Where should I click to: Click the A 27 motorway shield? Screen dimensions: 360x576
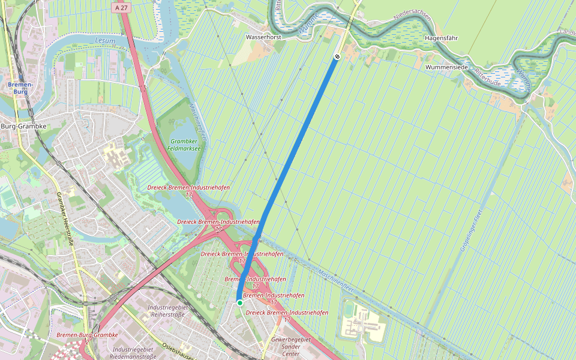[121, 7]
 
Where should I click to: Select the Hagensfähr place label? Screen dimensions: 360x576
[441, 38]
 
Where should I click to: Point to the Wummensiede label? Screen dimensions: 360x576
[446, 67]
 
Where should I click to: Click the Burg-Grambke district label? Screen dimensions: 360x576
[23, 127]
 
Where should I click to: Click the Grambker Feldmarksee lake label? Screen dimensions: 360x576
[178, 144]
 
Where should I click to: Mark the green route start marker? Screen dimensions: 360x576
[240, 303]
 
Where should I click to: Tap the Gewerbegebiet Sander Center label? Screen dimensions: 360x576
[290, 346]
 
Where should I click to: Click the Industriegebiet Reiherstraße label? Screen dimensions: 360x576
[166, 311]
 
